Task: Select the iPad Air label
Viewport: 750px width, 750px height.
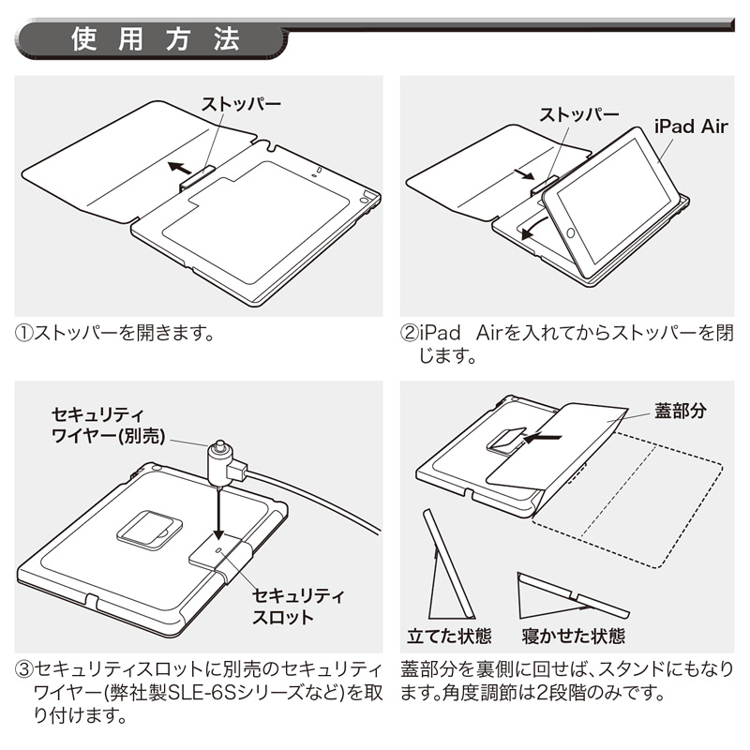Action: (690, 125)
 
